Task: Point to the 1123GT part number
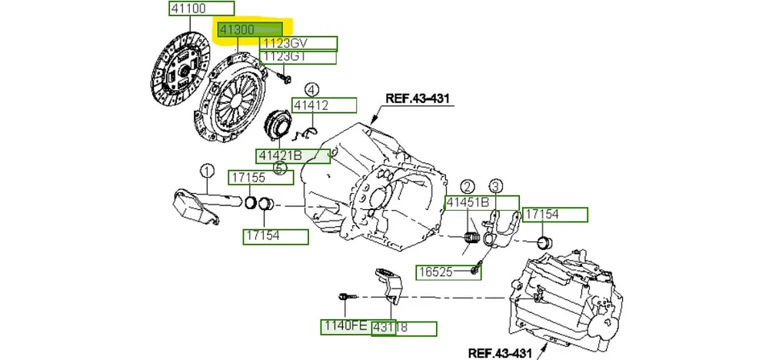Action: point(298,57)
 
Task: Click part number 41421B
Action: point(293,156)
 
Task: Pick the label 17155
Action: point(261,178)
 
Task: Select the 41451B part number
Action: point(468,202)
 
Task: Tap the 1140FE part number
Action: point(345,328)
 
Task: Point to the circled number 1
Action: point(207,170)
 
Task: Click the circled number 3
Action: point(495,185)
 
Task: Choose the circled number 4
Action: point(311,90)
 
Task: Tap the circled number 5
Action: point(280,168)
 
